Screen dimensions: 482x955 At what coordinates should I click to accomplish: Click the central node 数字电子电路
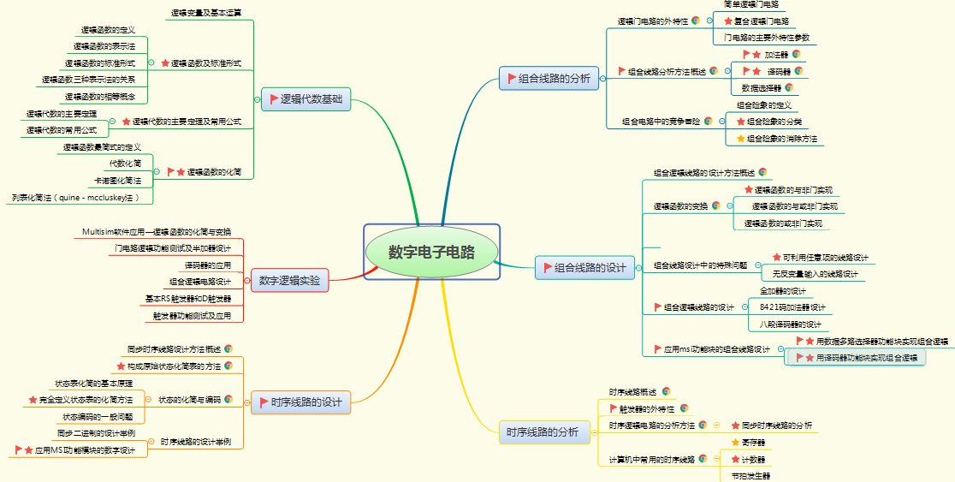click(430, 253)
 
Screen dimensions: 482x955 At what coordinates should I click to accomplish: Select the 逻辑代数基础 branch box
click(305, 99)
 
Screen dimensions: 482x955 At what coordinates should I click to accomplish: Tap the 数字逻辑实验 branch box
click(289, 280)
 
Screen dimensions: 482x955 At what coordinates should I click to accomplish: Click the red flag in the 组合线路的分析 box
click(512, 79)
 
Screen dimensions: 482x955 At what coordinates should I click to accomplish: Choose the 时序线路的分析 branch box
click(542, 432)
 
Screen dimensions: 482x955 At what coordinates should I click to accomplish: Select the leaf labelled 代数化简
click(125, 163)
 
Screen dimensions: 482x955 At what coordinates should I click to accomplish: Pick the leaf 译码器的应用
click(202, 265)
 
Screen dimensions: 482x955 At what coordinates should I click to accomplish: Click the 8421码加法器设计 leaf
click(792, 307)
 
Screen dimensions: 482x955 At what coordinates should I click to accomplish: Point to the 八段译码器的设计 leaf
click(790, 324)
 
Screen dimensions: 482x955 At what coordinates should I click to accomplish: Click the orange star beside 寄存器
click(735, 443)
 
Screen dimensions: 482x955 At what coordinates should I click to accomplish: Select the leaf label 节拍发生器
click(750, 475)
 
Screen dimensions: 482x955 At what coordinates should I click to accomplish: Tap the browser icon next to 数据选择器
click(788, 87)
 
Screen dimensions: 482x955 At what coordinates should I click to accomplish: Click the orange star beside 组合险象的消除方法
click(741, 138)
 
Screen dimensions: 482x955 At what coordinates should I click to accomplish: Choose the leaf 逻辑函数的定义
click(108, 30)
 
